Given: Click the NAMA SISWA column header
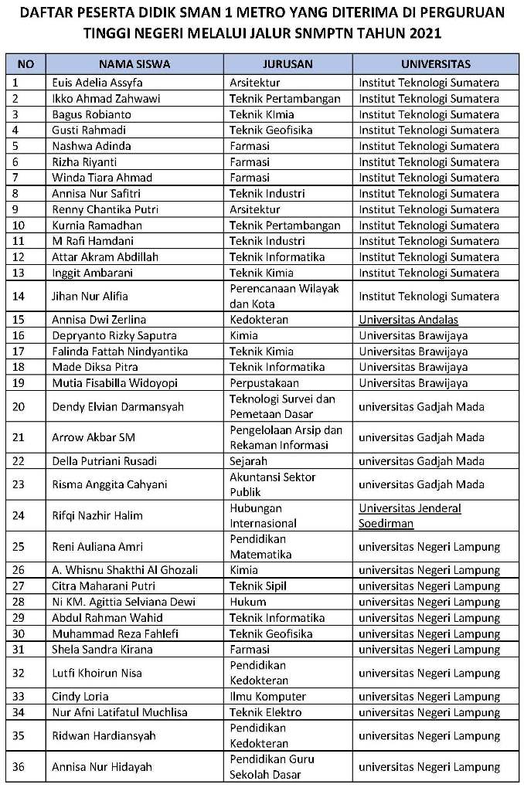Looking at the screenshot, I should tap(134, 64).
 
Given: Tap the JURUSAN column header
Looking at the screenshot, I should tap(288, 64).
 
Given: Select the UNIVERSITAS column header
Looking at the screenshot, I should tap(436, 64).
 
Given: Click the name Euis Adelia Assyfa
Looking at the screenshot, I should tap(97, 83).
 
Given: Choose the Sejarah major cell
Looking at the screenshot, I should tap(248, 461).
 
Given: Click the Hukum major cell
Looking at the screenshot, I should tap(246, 602).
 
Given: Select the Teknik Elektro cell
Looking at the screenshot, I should tap(265, 712).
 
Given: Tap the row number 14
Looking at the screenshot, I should tap(20, 296).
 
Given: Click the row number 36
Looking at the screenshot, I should tap(20, 767).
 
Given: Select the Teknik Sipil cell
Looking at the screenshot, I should tap(257, 586).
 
